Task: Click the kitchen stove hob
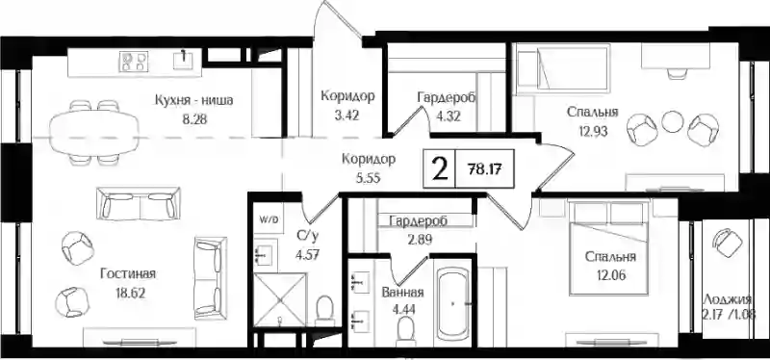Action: click(x=134, y=62)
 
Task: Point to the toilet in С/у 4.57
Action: click(x=323, y=309)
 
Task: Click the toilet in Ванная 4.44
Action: click(x=406, y=331)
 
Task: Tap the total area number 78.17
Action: click(x=486, y=170)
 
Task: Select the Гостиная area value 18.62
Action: click(x=125, y=294)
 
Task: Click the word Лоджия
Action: click(x=728, y=299)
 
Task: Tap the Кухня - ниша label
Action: click(x=193, y=101)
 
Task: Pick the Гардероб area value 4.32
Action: click(x=448, y=117)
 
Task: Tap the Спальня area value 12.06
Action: click(x=611, y=274)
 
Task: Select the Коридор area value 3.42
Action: click(x=347, y=116)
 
